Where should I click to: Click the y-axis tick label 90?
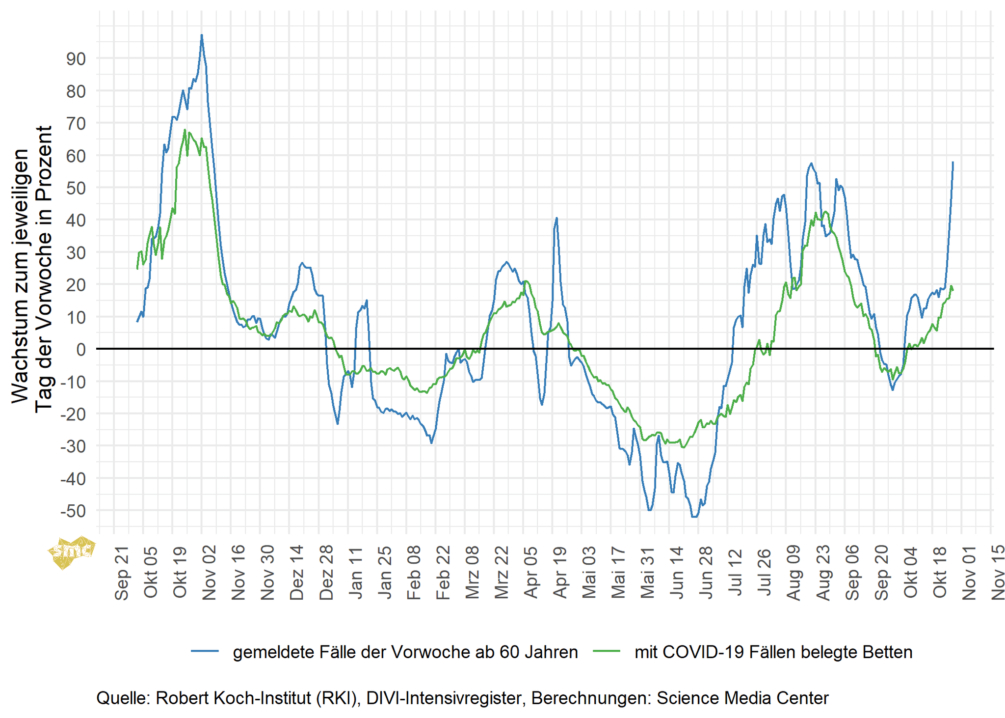[x=76, y=59]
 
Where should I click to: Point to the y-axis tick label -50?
[x=73, y=511]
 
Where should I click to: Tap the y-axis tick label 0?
[x=80, y=350]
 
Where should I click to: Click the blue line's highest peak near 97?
[x=202, y=35]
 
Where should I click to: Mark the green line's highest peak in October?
[x=185, y=130]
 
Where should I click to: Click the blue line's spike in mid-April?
[x=556, y=218]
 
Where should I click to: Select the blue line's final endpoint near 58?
[x=952, y=163]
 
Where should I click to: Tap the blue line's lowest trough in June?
[x=694, y=517]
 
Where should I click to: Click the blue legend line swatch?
[x=205, y=651]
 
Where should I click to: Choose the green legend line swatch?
[x=607, y=651]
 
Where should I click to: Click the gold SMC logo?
[x=72, y=552]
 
